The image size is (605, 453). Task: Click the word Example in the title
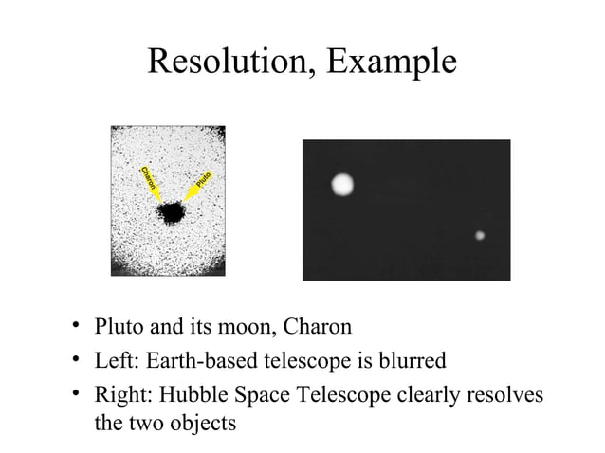pos(388,63)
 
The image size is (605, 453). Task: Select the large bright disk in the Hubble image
pos(341,184)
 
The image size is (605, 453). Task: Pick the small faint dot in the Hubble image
pos(480,235)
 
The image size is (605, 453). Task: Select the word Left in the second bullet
pos(112,360)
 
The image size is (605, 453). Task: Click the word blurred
pos(401,360)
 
